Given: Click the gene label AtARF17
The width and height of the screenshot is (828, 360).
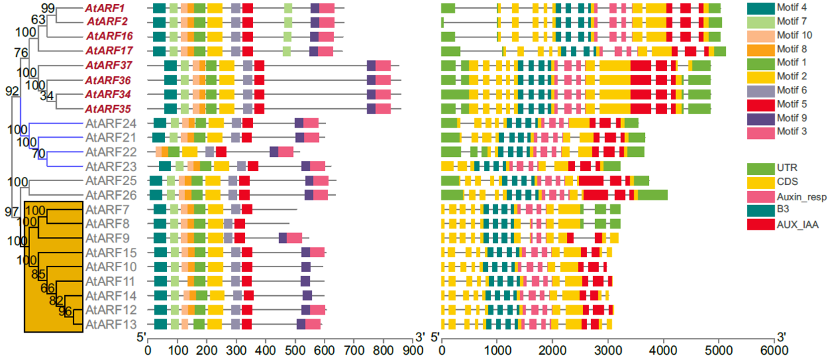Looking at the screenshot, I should click(110, 51).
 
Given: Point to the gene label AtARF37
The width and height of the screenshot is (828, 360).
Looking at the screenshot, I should click(110, 65).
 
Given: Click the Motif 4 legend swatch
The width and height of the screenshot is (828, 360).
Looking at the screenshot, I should click(760, 8).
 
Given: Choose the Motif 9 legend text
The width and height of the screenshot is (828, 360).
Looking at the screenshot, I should click(791, 118).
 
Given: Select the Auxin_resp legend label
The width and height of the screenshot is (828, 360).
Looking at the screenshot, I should click(801, 196).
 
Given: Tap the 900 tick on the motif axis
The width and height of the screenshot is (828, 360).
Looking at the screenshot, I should click(414, 351).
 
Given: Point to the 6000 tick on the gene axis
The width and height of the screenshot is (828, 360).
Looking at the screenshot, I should click(775, 351).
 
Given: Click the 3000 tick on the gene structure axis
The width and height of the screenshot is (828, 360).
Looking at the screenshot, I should click(608, 351).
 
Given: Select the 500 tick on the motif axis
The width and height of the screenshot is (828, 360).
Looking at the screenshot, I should click(295, 351).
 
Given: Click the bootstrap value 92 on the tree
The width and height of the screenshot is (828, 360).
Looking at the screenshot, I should click(12, 91).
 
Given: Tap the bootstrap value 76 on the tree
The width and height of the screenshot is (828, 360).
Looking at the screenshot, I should click(21, 53).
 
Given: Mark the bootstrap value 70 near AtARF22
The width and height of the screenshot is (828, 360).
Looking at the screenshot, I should click(39, 154).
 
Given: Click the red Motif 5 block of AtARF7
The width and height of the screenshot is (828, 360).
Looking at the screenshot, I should click(246, 210).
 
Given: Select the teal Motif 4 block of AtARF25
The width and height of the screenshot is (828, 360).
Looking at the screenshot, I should click(156, 181).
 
